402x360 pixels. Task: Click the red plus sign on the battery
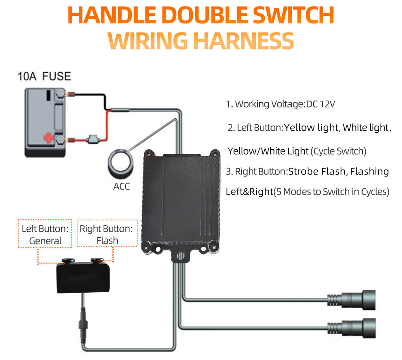(49, 138)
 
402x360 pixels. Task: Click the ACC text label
(121, 188)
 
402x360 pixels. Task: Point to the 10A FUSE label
(44, 76)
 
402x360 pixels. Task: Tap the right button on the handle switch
(98, 261)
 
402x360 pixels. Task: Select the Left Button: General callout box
(45, 234)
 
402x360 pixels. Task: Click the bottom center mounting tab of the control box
(179, 257)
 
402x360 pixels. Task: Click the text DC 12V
(321, 104)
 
